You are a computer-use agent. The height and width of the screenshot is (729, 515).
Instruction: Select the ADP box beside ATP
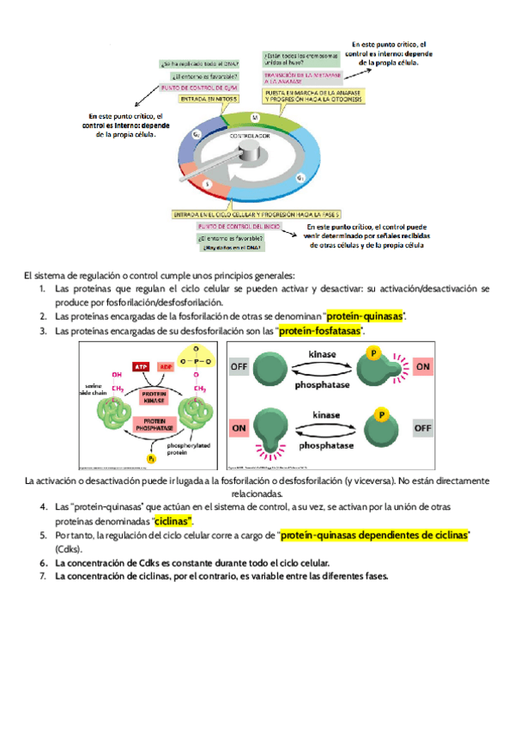pos(165,367)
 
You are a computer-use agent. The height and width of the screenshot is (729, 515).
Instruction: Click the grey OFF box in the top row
pos(240,366)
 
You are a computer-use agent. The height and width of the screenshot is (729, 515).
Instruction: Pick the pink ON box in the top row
pos(422,366)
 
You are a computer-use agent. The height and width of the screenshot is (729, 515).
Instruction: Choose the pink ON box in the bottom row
pos(240,426)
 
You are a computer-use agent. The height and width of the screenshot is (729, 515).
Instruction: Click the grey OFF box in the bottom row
pos(422,426)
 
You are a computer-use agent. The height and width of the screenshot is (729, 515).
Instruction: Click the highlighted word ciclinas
pos(173,522)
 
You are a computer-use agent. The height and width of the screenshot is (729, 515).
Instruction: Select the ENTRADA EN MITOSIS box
pos(210,99)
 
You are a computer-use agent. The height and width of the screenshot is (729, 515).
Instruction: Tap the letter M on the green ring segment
pos(254,117)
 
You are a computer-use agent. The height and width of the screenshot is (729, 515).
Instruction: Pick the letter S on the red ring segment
pos(207,184)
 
